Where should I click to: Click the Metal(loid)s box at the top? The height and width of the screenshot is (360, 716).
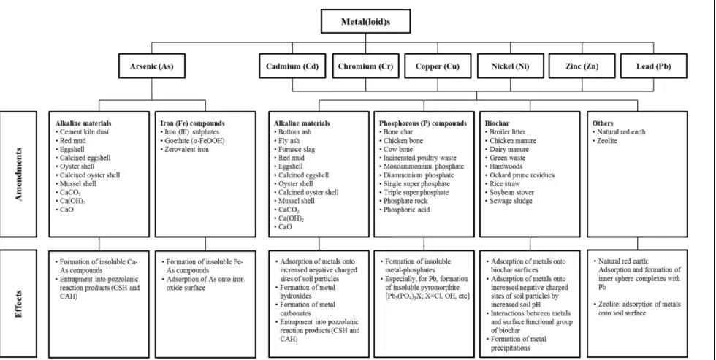366,21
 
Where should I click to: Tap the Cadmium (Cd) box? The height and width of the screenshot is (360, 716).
292,66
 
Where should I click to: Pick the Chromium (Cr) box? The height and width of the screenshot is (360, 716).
365,66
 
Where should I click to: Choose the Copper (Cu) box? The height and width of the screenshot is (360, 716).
438,66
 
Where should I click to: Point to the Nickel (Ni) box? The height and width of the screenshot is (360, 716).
511,66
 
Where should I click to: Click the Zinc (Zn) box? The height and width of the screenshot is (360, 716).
582,66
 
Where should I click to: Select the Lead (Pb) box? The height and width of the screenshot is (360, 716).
653,66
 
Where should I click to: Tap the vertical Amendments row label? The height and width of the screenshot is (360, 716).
19,175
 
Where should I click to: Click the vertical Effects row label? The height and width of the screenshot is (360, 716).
19,304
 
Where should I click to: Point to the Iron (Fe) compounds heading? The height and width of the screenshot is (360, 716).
192,123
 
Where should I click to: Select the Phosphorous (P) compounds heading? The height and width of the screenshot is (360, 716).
423,123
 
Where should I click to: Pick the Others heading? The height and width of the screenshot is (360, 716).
603,123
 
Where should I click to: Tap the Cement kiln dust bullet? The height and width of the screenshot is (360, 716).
82,132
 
